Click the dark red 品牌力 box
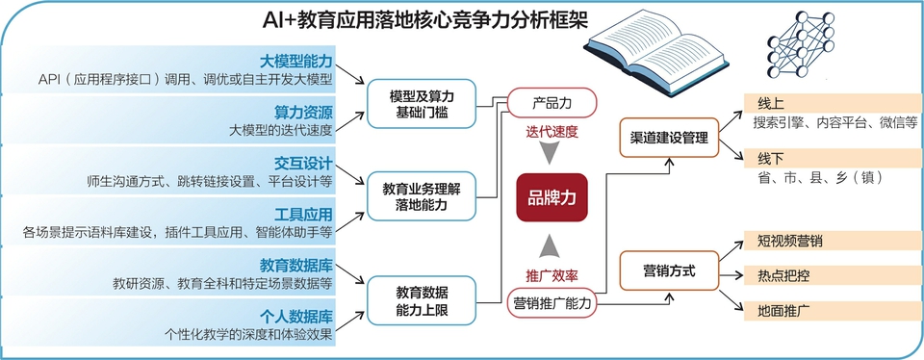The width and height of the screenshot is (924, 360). tap(552, 197)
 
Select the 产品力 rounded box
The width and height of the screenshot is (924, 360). tap(552, 103)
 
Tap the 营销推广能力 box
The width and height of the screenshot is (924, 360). tap(552, 303)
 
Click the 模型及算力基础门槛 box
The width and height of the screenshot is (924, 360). tap(422, 104)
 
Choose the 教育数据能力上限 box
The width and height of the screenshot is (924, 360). tap(422, 300)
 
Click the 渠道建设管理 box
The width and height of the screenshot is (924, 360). tap(669, 138)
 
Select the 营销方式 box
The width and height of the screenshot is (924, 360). tap(669, 270)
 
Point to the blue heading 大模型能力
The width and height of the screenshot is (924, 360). tap(296, 61)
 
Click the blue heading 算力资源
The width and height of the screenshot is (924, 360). tap(303, 112)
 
